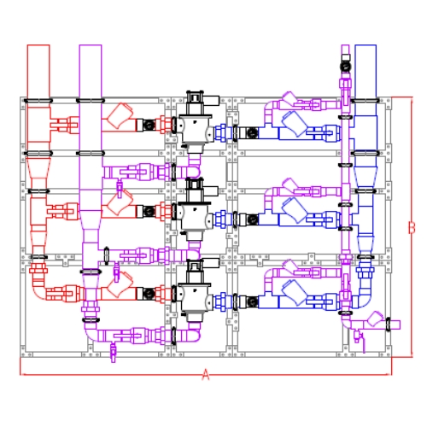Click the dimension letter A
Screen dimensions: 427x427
point(206,375)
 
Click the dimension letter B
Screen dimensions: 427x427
point(412,228)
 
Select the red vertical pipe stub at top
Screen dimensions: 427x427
point(38,71)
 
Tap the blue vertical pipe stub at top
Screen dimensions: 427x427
point(366,71)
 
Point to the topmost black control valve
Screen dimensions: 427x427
point(196,122)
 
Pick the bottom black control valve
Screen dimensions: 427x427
point(196,291)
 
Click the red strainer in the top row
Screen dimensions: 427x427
point(120,116)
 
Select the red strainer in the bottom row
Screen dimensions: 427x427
point(120,284)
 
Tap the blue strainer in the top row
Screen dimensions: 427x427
point(295,124)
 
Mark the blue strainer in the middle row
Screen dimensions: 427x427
point(295,211)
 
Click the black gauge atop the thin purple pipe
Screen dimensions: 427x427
point(345,67)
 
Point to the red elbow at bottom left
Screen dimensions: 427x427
point(38,292)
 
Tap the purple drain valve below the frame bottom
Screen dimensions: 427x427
point(114,353)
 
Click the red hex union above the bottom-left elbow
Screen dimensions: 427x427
point(38,269)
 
